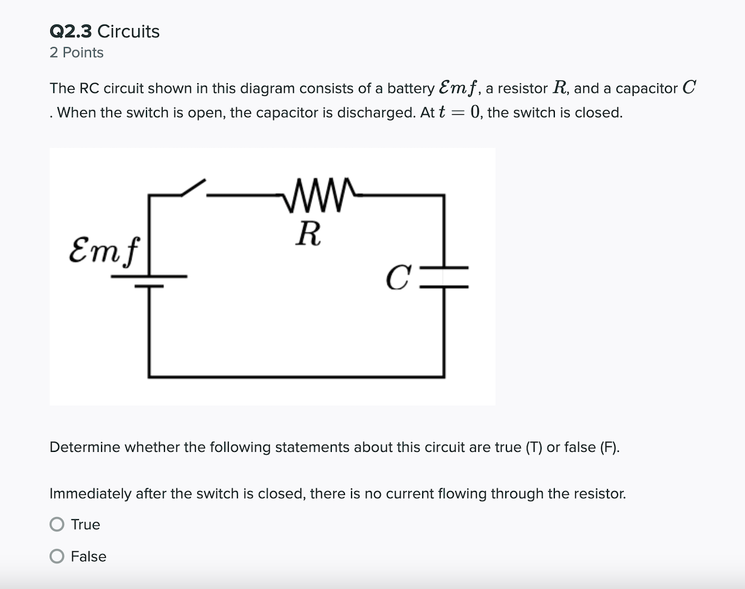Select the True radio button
57,524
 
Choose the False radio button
57,557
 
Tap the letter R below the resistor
309,233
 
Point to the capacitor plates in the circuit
444,277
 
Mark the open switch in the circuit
193,188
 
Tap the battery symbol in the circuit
149,281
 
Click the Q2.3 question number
71,31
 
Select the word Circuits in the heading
129,31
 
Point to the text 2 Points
77,53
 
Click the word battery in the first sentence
411,89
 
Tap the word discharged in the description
376,113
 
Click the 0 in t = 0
475,112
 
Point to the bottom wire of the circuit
296,377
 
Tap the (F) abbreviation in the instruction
609,447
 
